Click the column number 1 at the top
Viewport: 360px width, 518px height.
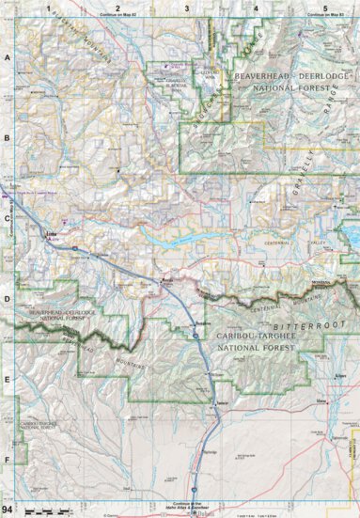point(48,8)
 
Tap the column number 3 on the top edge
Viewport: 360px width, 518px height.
point(187,8)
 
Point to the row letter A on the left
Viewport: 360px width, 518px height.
point(8,57)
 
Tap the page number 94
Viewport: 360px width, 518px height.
point(8,509)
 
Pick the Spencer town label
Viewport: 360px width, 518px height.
point(222,403)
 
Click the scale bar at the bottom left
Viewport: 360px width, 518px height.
point(42,510)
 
